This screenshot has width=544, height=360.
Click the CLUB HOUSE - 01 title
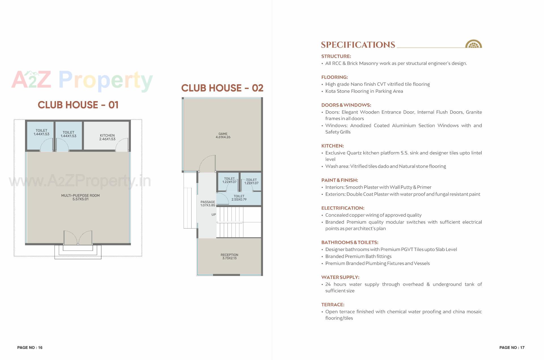(x=78, y=105)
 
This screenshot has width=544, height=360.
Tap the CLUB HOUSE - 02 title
(x=222, y=88)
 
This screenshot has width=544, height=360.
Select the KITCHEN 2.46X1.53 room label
(x=107, y=137)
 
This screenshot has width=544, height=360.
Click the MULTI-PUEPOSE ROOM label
(x=80, y=197)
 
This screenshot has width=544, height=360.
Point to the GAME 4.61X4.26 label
(x=223, y=135)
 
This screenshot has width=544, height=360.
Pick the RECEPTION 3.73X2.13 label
(x=229, y=256)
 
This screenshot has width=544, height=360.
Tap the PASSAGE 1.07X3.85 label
(x=208, y=204)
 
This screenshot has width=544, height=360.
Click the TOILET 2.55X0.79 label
(x=239, y=198)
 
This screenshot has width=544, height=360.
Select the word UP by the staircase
(x=214, y=215)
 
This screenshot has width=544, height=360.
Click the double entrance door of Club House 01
(x=78, y=237)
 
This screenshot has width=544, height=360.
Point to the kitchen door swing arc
(x=122, y=144)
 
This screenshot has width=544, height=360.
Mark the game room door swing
(x=207, y=163)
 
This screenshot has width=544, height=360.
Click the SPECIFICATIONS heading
(x=358, y=45)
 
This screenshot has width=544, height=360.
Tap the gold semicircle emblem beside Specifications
(x=473, y=44)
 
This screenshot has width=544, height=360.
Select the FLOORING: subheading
(x=334, y=77)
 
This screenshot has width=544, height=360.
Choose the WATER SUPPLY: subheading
(x=340, y=277)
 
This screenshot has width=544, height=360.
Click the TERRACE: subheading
(x=333, y=305)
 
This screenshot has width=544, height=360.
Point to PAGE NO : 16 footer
(x=30, y=348)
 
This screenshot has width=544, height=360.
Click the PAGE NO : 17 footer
(x=512, y=348)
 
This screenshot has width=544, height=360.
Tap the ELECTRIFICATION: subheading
(x=343, y=208)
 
